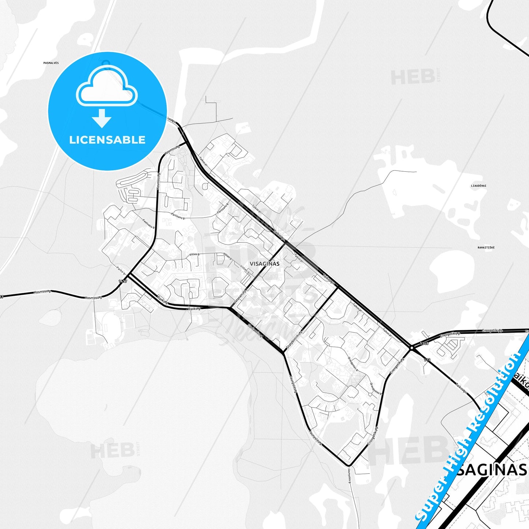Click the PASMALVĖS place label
click(x=51, y=63)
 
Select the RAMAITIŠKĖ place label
click(x=486, y=247)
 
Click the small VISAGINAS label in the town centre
click(x=264, y=264)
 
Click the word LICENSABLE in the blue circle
click(x=107, y=140)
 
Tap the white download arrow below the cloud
click(x=102, y=118)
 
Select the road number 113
click(x=427, y=361)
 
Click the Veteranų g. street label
click(x=239, y=297)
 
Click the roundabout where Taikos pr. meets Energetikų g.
click(x=412, y=348)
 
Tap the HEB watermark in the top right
click(x=412, y=77)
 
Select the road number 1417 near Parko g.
click(x=123, y=281)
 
